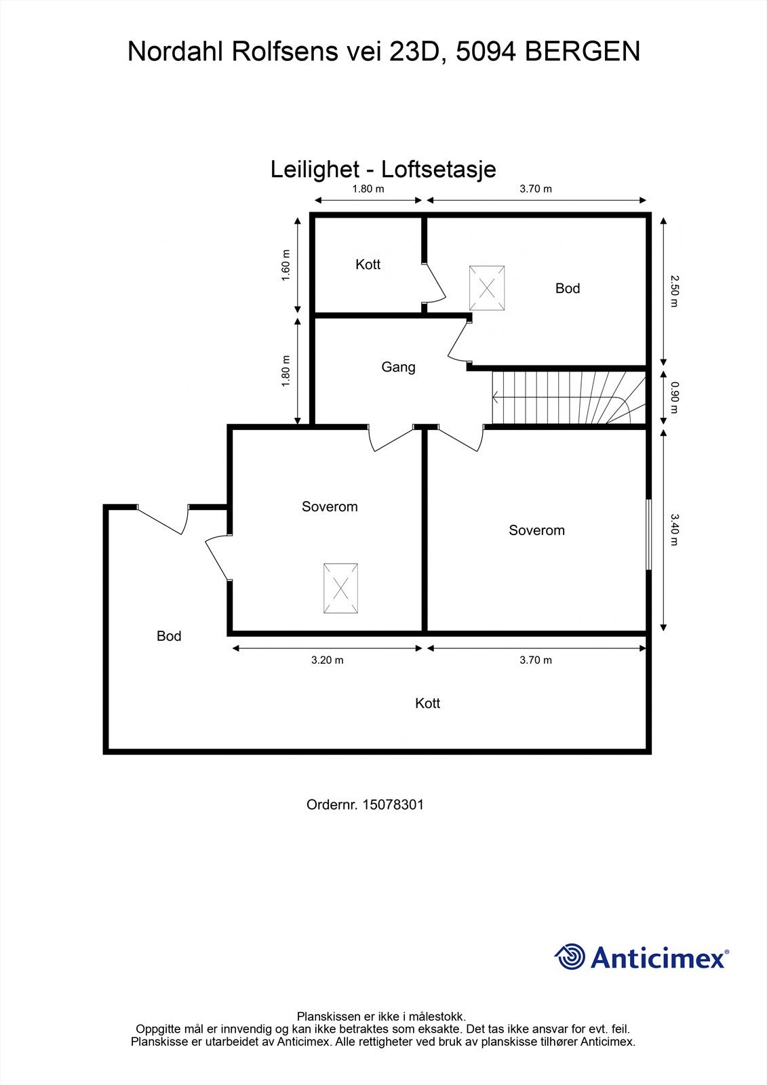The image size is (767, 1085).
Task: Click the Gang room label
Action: coord(398,368)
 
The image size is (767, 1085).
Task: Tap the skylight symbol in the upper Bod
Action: coord(487,288)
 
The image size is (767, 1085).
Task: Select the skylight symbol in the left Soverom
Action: coord(340,589)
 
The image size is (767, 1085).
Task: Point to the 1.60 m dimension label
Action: coord(286,267)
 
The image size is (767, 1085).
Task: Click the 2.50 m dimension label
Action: coord(673,290)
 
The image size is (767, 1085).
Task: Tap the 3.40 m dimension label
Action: coord(673,530)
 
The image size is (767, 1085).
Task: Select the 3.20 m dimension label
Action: coord(327,660)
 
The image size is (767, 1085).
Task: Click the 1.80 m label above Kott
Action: coord(368,189)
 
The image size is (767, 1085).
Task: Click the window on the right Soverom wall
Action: coord(649,534)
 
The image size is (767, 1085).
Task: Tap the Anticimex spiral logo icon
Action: coord(570,957)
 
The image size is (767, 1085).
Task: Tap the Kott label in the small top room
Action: coord(368,264)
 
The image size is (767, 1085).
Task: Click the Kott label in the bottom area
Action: coord(427,704)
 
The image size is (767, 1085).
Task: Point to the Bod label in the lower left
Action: coord(169,636)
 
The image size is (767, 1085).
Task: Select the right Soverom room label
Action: coord(536,530)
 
